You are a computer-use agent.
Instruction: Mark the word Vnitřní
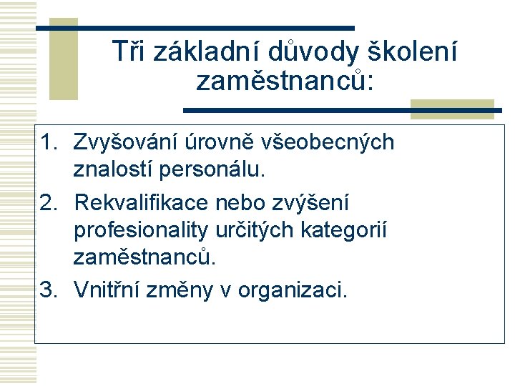[109, 290]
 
